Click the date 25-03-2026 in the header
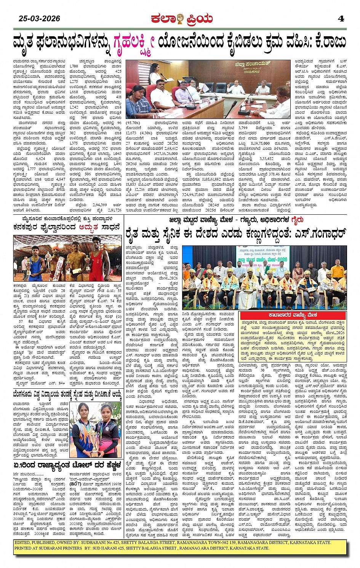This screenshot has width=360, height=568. pos(40,18)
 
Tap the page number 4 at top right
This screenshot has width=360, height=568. pos(341,18)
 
